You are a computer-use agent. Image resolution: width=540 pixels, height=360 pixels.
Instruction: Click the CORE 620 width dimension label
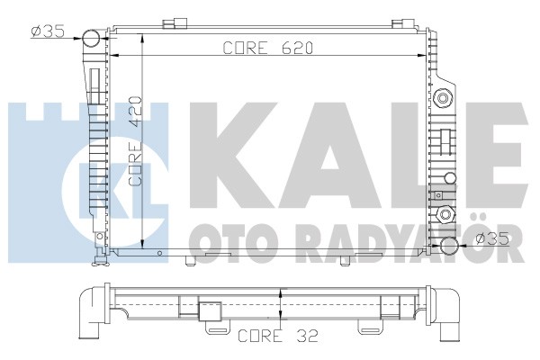coord(268,48)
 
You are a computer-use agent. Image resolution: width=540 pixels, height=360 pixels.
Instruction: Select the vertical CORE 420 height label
coord(135,141)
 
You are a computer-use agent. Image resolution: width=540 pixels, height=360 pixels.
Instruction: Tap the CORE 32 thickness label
coord(278,336)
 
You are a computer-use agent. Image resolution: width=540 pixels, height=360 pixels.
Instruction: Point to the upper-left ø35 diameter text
coord(48,32)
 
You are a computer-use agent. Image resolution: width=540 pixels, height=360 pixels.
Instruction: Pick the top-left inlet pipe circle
coord(91,38)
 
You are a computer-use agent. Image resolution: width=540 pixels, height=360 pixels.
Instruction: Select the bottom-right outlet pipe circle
coord(450,246)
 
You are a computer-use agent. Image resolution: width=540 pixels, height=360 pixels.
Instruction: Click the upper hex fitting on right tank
coord(443,98)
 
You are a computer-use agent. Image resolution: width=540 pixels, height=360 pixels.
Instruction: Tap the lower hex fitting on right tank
coord(445,215)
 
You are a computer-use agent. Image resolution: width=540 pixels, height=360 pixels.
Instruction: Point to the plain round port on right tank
coord(450,178)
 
